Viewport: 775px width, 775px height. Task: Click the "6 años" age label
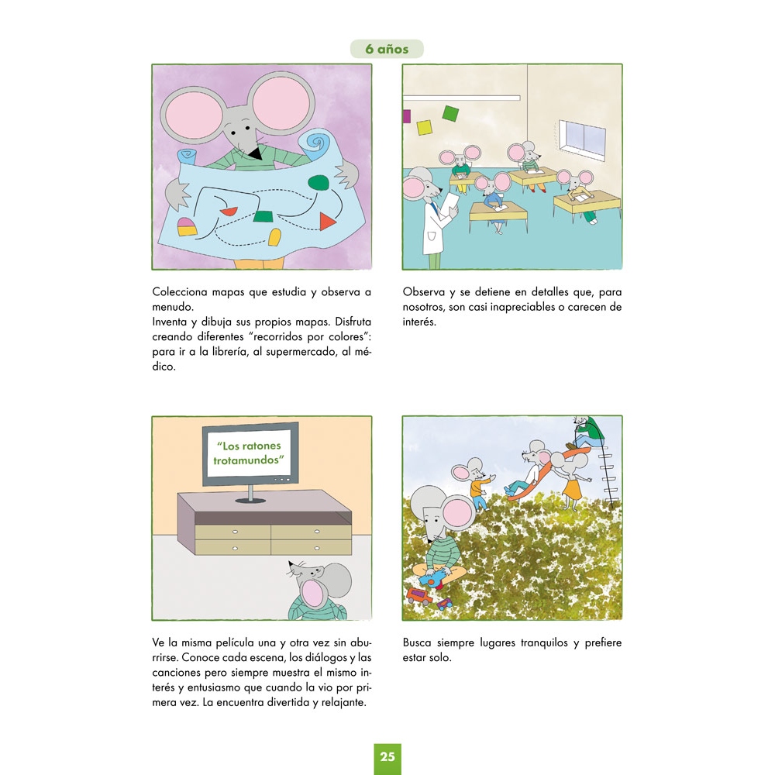[x=387, y=49]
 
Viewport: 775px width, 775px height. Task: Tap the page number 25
[x=387, y=756]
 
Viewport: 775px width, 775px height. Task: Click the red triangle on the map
[x=328, y=222]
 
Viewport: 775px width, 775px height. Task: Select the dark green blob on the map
[x=318, y=182]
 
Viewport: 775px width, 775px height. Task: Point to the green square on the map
[x=264, y=216]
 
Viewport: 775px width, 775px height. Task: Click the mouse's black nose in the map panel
[x=256, y=154]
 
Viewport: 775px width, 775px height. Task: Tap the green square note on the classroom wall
[x=450, y=113]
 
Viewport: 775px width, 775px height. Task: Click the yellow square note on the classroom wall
[x=425, y=128]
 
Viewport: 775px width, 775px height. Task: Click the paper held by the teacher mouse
[x=451, y=202]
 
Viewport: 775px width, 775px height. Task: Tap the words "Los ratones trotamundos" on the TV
[x=250, y=453]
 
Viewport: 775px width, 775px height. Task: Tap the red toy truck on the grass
[x=419, y=595]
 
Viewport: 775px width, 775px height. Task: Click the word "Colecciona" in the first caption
[x=180, y=291]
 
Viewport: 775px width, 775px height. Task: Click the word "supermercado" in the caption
[x=301, y=352]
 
